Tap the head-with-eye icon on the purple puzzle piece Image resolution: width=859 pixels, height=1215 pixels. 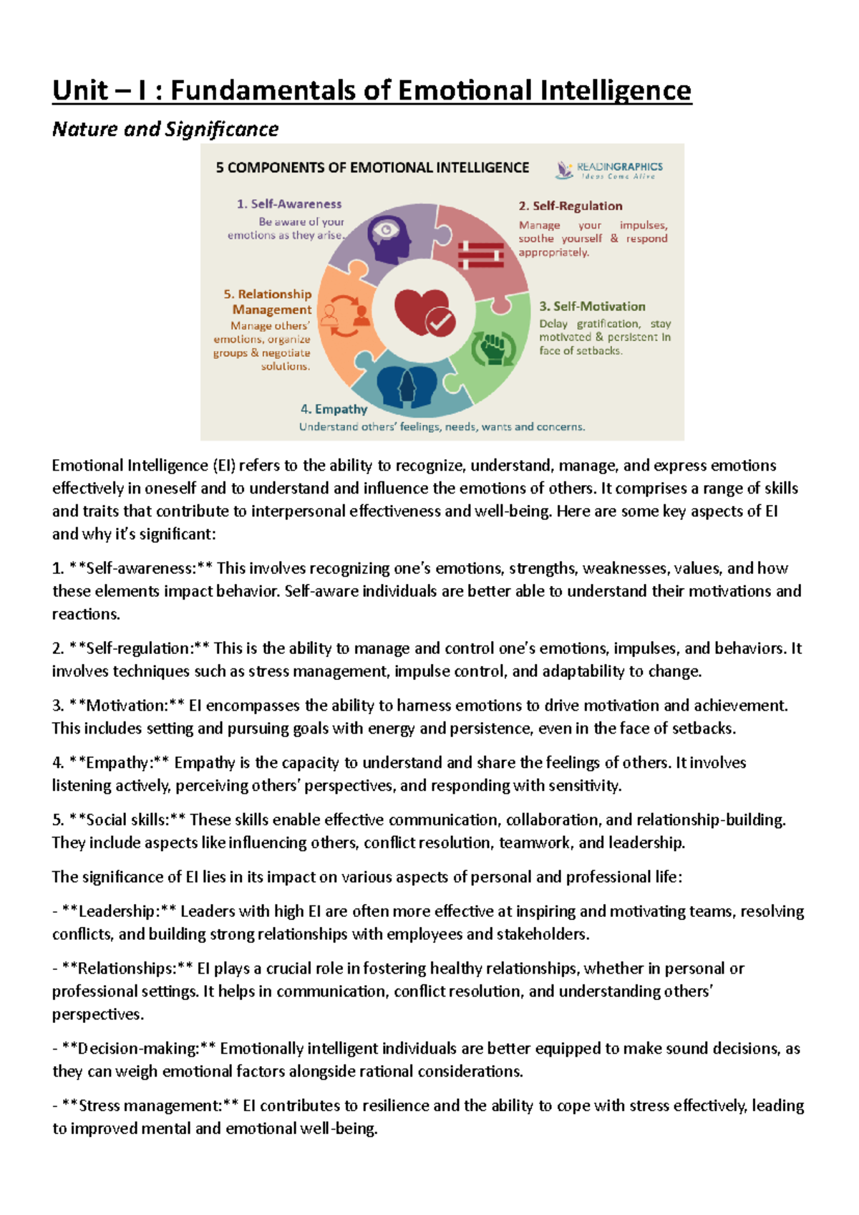coord(389,238)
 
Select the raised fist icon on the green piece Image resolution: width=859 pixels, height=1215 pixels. coord(493,348)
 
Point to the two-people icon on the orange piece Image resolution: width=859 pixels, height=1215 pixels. coord(345,315)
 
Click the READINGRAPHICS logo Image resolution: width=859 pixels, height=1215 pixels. coord(609,170)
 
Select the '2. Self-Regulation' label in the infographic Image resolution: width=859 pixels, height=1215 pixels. coord(570,206)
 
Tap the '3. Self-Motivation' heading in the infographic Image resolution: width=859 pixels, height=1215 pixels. coord(591,307)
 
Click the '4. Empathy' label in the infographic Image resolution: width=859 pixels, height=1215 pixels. coord(334,409)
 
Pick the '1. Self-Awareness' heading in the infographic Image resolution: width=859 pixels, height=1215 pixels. coord(289,204)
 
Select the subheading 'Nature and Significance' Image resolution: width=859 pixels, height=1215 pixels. coord(165,130)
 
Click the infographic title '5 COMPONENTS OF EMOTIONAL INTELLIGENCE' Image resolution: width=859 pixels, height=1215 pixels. coord(372,168)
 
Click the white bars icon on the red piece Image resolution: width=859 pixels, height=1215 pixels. coord(481,254)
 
